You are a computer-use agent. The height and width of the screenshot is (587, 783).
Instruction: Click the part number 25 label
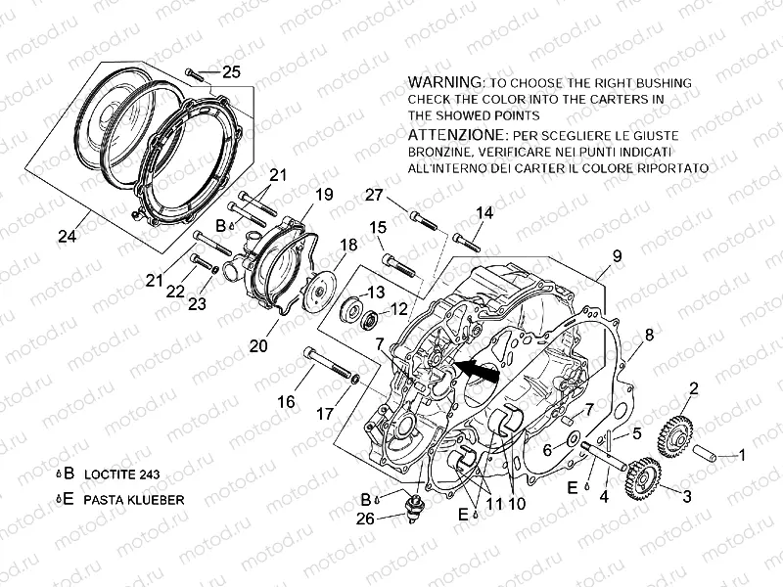pos(230,70)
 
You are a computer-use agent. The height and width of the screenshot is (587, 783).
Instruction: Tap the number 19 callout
pos(324,195)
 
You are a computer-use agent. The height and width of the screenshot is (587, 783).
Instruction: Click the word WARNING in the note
pos(445,81)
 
